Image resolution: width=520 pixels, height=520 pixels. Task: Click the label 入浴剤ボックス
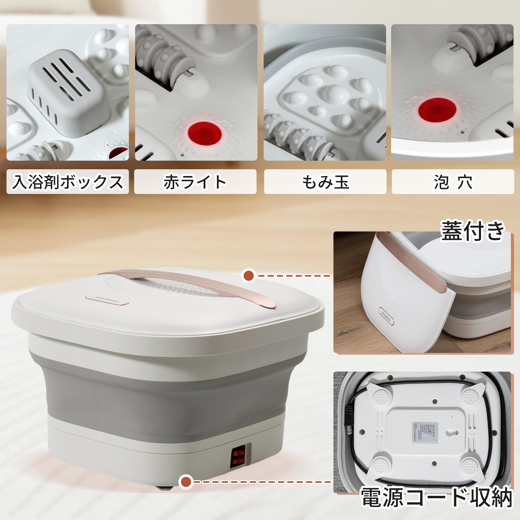tap(68, 182)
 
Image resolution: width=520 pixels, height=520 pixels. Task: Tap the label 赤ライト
tap(195, 182)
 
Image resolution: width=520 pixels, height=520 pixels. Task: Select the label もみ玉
tap(325, 182)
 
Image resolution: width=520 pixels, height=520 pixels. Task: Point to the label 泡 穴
tap(453, 182)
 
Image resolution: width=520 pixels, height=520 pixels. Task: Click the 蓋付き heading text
tap(472, 231)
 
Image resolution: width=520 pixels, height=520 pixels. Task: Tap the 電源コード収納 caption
tap(436, 497)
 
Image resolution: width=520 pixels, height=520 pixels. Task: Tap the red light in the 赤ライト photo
tap(205, 134)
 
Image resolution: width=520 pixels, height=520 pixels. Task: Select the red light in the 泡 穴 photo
tap(437, 109)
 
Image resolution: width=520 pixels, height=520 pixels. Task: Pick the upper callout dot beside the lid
tap(248, 275)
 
